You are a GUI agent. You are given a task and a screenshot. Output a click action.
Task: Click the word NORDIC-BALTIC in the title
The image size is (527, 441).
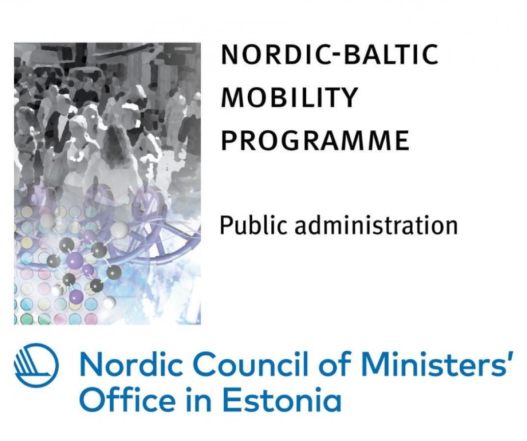330,54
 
